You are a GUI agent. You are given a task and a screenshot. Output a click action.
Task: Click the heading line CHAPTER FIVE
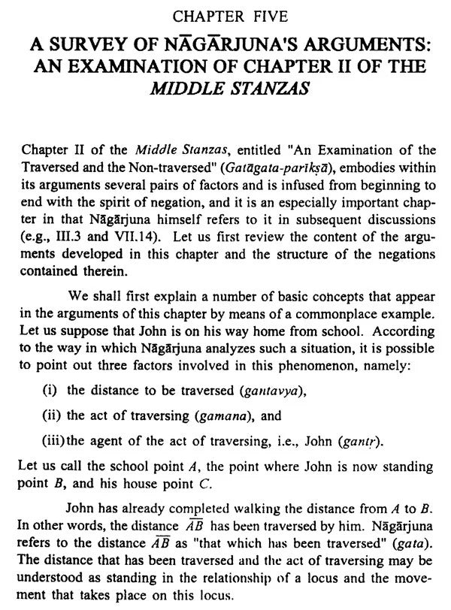[225, 12]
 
